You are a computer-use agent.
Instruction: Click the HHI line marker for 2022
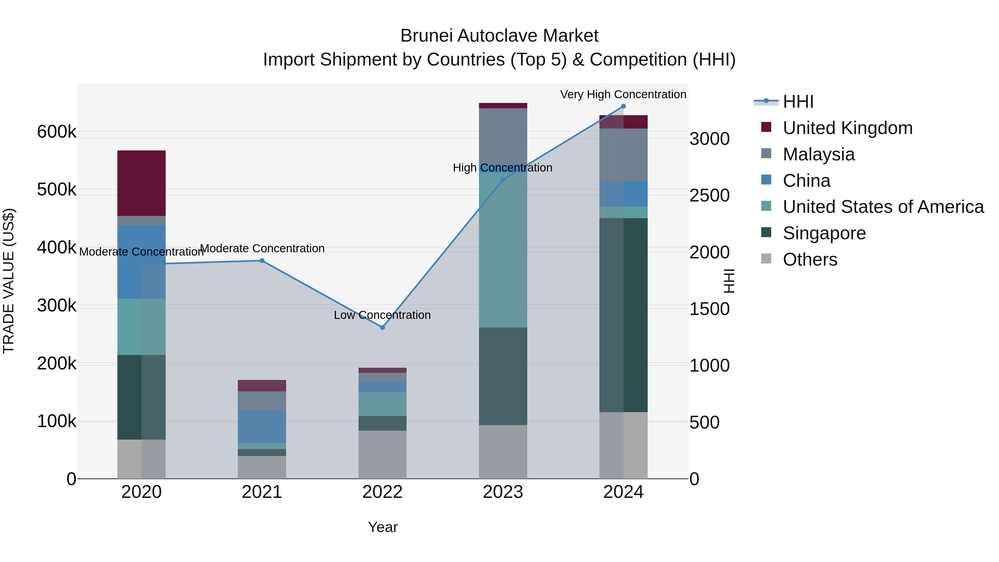tap(382, 327)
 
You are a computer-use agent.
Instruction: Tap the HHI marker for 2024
tap(623, 106)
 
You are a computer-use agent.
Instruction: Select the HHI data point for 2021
tap(262, 261)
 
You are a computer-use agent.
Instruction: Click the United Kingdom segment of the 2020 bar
tap(142, 183)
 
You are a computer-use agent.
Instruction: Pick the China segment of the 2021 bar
tap(262, 426)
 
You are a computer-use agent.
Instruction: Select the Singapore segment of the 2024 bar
tap(623, 315)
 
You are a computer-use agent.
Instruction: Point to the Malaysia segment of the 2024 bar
tap(623, 155)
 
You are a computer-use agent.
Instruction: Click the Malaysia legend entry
tap(818, 154)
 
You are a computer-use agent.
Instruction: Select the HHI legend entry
tap(798, 102)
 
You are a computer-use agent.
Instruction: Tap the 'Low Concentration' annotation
tap(382, 315)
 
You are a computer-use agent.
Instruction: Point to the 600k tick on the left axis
tap(57, 132)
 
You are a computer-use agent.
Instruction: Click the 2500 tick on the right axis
tap(709, 195)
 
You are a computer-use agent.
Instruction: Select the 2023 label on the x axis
tap(503, 492)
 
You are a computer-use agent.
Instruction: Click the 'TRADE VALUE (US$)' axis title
tap(9, 281)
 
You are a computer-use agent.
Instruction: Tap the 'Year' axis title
tap(383, 527)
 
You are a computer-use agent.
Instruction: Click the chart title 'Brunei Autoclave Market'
tap(499, 36)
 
